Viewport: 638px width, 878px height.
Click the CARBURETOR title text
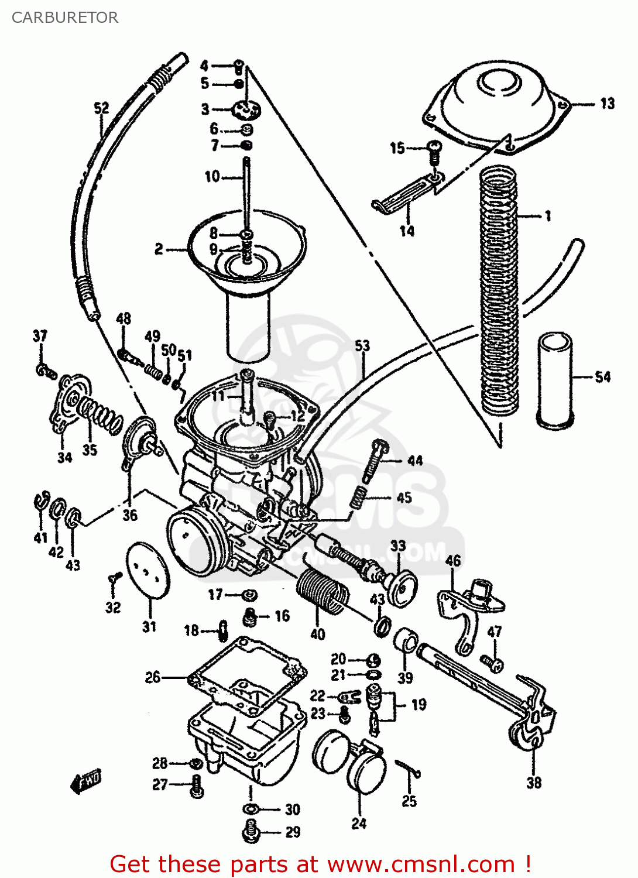pyautogui.click(x=65, y=18)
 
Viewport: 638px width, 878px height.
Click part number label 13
pyautogui.click(x=608, y=104)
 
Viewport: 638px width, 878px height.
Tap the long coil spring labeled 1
pyautogui.click(x=499, y=293)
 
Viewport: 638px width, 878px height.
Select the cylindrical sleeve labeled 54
pyautogui.click(x=555, y=379)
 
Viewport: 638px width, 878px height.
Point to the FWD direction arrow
pyautogui.click(x=85, y=781)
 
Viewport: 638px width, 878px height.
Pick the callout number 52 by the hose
pyautogui.click(x=101, y=108)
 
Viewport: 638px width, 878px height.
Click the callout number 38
pyautogui.click(x=534, y=783)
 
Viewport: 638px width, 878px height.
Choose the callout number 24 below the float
pyautogui.click(x=359, y=823)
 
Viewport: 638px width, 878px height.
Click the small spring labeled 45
pyautogui.click(x=359, y=498)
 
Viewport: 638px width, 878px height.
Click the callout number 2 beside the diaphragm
pyautogui.click(x=159, y=249)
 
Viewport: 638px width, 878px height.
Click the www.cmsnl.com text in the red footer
pyautogui.click(x=420, y=864)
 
